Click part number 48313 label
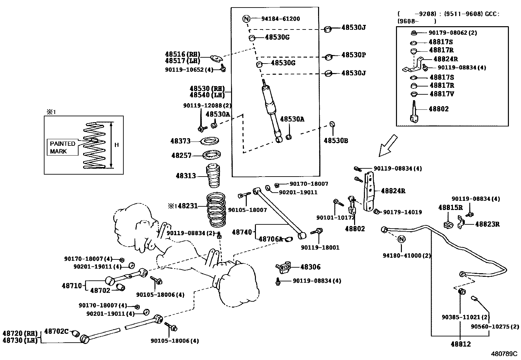(186, 176)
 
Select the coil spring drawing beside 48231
(216, 210)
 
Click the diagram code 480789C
(504, 354)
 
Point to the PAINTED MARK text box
(63, 147)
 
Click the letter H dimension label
(117, 145)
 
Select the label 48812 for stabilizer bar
(460, 344)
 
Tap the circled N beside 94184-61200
(246, 19)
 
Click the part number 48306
(310, 267)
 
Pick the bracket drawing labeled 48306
(283, 267)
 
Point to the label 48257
(181, 155)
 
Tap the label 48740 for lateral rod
(242, 232)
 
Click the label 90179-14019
(403, 212)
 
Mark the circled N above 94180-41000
(402, 239)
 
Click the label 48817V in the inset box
(442, 94)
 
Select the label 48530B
(336, 141)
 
